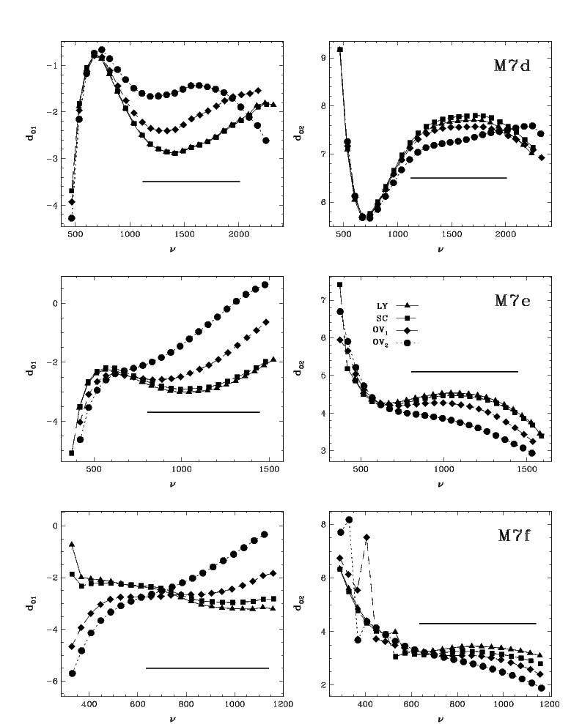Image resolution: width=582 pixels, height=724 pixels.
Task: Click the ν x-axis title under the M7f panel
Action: tap(440, 719)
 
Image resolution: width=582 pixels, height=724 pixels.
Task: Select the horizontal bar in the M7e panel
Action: tap(464, 372)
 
